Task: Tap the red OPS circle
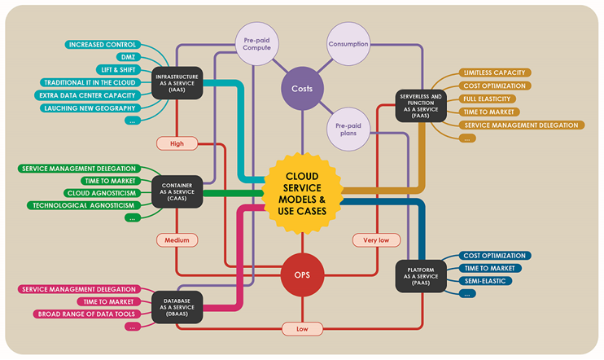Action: pyautogui.click(x=302, y=274)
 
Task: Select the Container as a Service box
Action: pyautogui.click(x=177, y=191)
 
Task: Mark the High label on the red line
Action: pyautogui.click(x=177, y=144)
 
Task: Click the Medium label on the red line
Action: pyautogui.click(x=177, y=240)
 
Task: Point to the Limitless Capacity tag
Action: pyautogui.click(x=494, y=72)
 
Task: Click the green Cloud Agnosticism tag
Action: pyautogui.click(x=101, y=193)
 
